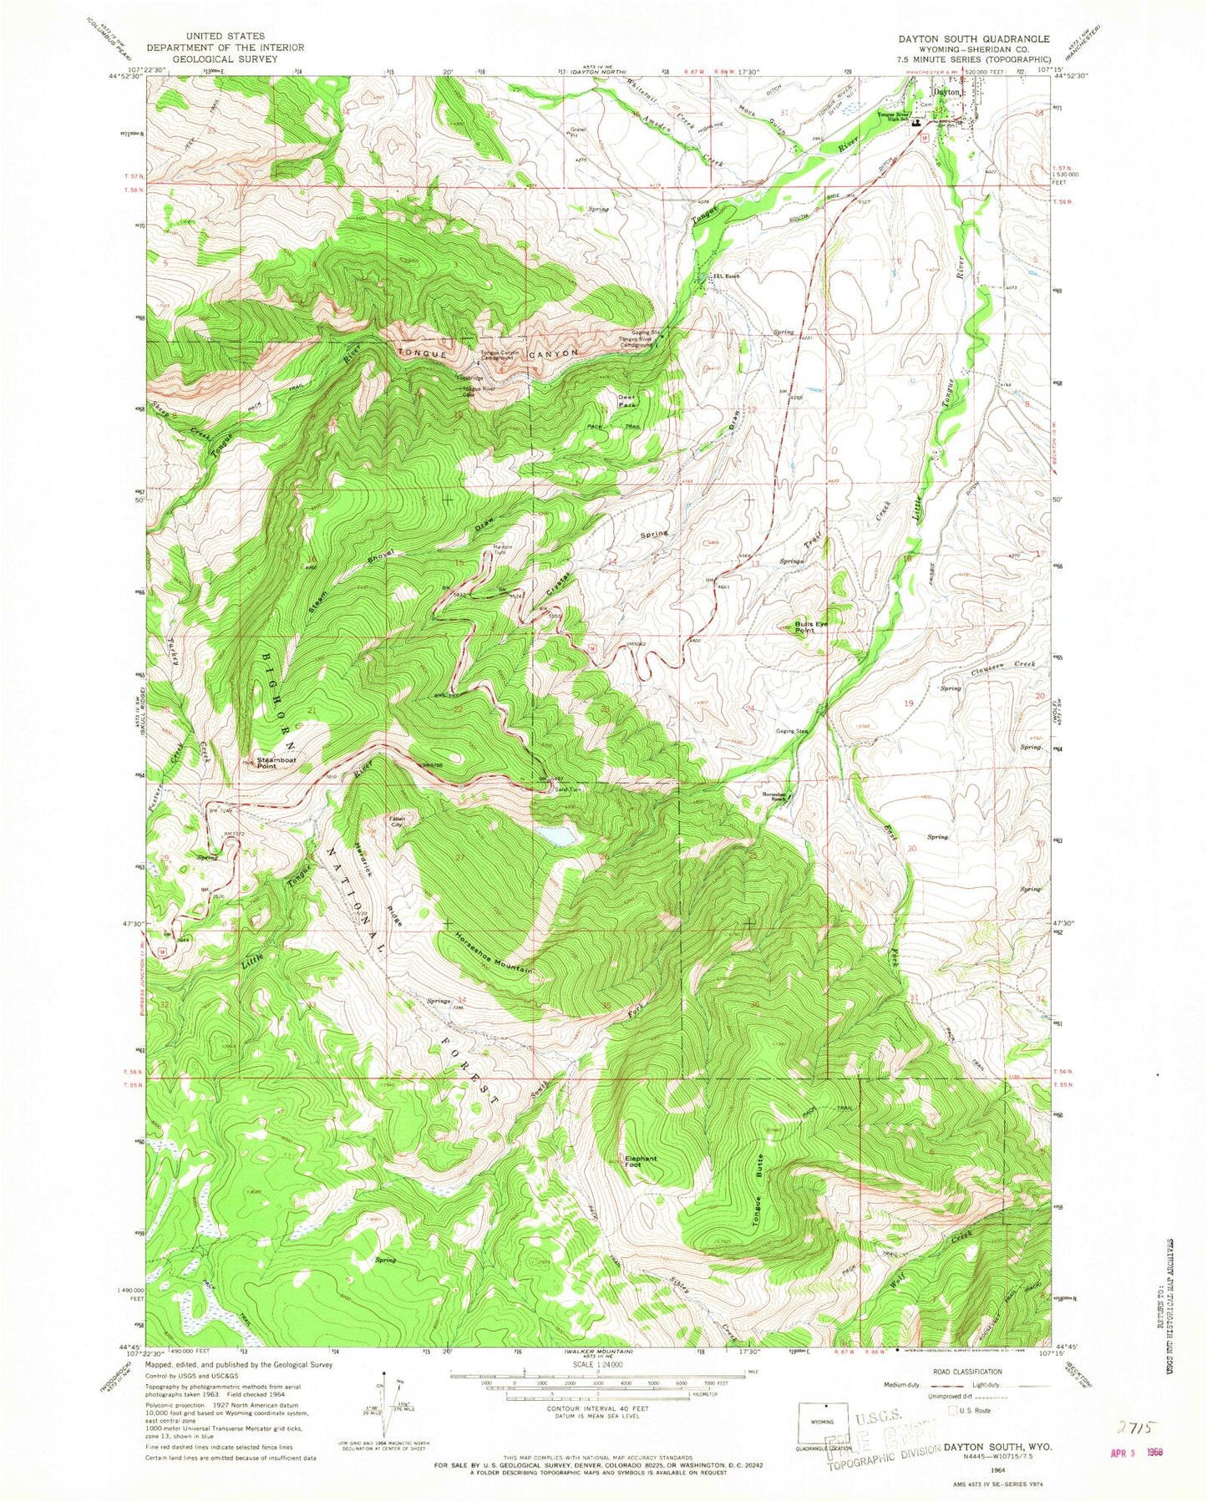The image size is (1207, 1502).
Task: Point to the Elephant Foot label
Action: tap(642, 1162)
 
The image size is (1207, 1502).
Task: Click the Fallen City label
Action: tap(393, 821)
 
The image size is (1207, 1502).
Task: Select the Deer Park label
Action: tap(627, 401)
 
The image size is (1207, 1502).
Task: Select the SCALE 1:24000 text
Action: tap(596, 1378)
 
